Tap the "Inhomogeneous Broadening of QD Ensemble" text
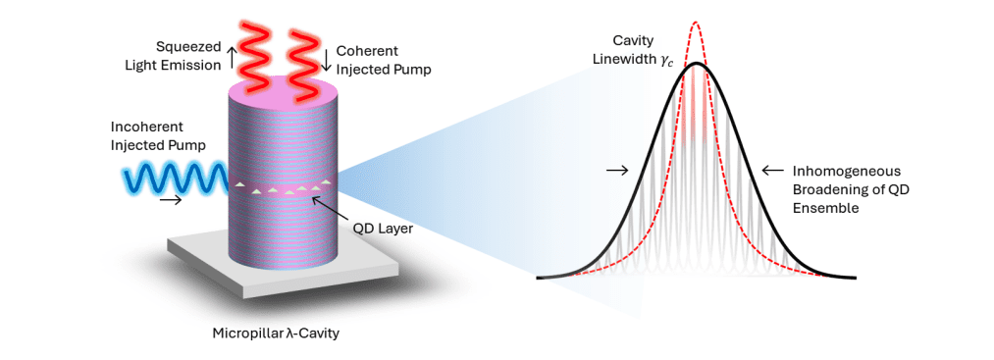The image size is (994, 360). [846, 190]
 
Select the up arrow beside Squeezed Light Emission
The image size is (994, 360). [233, 57]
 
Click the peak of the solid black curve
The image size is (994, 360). [696, 64]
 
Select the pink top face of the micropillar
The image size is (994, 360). [280, 95]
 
